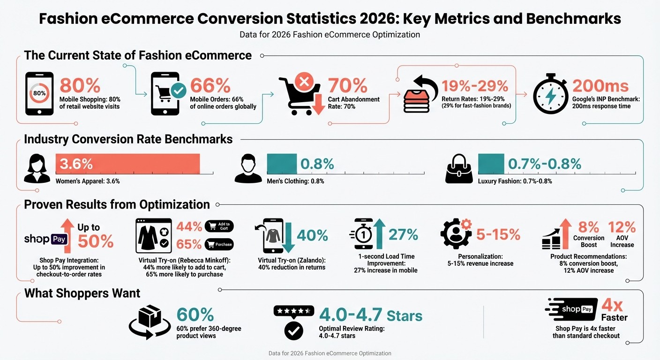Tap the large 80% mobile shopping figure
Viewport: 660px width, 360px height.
[80, 85]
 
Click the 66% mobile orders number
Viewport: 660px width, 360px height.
[210, 85]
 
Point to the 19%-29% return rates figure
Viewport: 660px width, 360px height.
[475, 86]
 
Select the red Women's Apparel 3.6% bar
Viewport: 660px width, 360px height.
[127, 164]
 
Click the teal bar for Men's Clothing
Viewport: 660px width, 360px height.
[282, 164]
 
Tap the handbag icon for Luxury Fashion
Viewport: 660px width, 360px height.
[460, 169]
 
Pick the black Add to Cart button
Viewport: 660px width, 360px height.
[219, 226]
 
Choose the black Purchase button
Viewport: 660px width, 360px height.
[219, 245]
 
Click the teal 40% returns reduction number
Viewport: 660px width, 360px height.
[312, 235]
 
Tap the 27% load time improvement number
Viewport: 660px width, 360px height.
[403, 234]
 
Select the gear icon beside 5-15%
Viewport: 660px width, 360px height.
[456, 233]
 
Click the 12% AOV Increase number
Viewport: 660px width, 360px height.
[622, 227]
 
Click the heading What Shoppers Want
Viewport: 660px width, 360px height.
[82, 293]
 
